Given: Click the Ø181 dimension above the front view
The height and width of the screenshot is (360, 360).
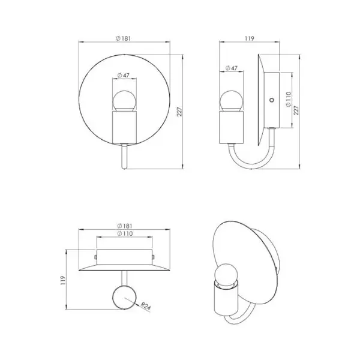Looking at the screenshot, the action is (x=123, y=38).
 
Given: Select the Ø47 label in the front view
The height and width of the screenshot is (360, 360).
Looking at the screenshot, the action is (x=123, y=75).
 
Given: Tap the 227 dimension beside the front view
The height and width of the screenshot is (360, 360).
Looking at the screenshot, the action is (x=179, y=112).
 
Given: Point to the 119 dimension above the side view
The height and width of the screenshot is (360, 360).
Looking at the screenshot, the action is (x=250, y=38).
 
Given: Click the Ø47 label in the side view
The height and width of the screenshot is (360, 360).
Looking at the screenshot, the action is (x=231, y=68).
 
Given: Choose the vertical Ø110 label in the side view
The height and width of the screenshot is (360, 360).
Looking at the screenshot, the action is (x=289, y=99).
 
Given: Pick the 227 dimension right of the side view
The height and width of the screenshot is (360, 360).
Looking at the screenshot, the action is (x=296, y=110).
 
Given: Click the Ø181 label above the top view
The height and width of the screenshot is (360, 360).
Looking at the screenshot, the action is (x=125, y=226).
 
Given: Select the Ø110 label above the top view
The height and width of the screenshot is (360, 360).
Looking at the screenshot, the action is (x=125, y=234).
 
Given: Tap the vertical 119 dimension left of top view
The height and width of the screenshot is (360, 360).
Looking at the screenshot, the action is (x=62, y=280).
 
